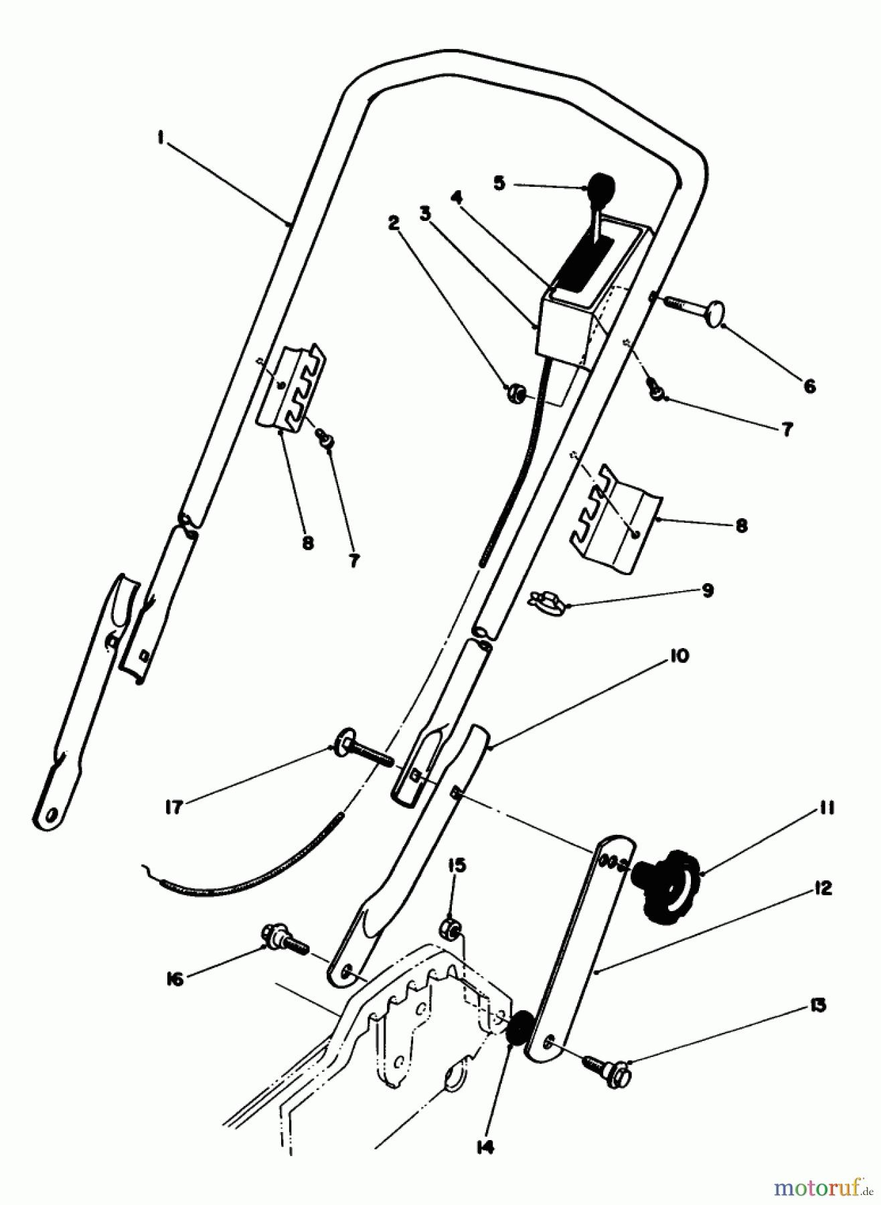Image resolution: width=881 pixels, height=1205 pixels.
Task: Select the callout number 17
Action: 173,807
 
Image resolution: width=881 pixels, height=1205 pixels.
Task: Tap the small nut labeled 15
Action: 451,929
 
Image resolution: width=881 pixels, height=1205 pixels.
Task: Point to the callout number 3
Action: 425,214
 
